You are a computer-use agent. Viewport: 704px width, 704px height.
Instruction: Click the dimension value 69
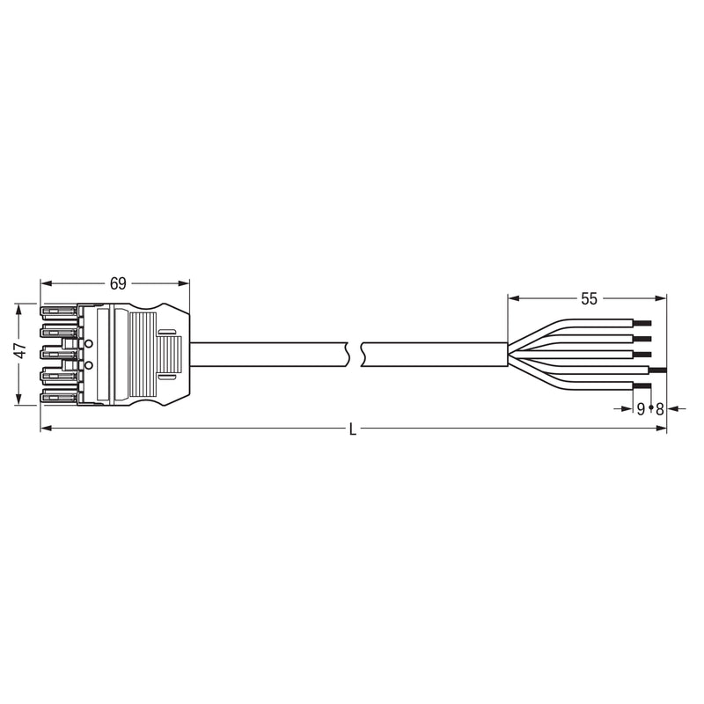(118, 283)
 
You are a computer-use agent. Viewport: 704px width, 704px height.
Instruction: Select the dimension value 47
(20, 350)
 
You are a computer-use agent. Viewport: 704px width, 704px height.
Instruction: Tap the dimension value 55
(589, 298)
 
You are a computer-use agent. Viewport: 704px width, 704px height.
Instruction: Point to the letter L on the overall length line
(353, 430)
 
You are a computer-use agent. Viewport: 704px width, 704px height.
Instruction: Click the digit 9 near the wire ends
(641, 409)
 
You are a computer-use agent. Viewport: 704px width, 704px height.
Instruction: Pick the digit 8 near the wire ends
(659, 409)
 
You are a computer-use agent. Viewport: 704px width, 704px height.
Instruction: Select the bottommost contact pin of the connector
(58, 396)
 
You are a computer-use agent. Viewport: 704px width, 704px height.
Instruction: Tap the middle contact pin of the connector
(58, 354)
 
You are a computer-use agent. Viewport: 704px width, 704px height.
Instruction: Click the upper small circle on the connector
(89, 344)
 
